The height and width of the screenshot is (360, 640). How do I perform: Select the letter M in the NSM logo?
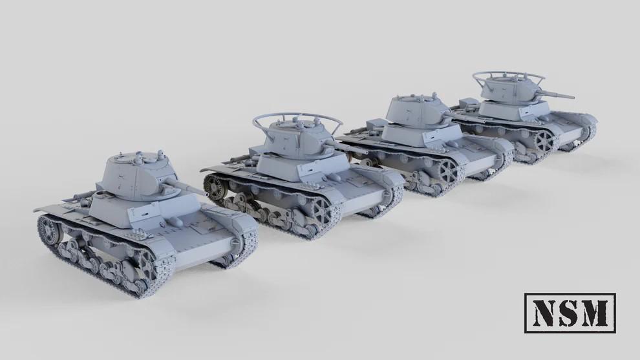[595, 313]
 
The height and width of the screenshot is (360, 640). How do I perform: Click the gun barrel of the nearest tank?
[187, 186]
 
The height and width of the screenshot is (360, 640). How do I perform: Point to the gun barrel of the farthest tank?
[559, 94]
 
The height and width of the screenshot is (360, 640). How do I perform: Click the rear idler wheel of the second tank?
[213, 185]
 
